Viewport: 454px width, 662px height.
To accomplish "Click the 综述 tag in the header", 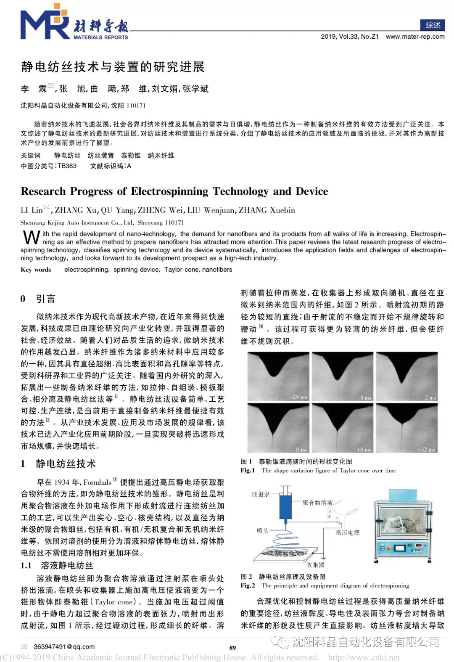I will click(432, 25).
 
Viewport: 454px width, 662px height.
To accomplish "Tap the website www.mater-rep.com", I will click(415, 37).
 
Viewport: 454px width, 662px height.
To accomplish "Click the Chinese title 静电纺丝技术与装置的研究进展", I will click(113, 66).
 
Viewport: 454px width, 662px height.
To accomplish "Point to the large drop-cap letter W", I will click(31, 238).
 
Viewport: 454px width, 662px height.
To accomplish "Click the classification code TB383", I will click(67, 166).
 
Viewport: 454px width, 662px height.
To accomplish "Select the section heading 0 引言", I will click(38, 299).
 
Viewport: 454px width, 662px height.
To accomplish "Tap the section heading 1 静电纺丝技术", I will click(58, 463).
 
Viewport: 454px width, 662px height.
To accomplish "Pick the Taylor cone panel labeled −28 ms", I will click(278, 376).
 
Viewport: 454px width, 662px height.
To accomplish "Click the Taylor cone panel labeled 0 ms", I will click(278, 427).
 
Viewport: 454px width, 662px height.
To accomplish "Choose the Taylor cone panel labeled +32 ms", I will click(406, 427).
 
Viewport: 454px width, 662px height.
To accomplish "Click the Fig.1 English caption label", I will click(248, 471).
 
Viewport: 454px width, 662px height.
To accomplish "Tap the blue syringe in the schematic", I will click(286, 506).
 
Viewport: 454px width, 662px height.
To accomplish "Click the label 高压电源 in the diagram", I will click(348, 532).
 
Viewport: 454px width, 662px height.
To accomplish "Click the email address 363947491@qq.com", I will click(64, 646).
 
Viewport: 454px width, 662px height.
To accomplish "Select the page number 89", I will click(232, 648).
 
